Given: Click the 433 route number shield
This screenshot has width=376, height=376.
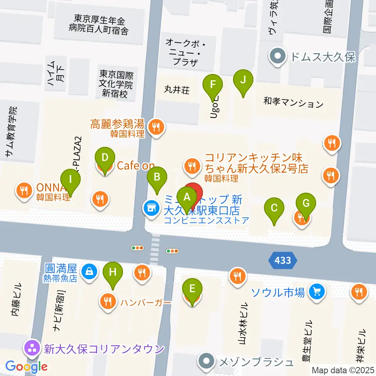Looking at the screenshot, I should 283,260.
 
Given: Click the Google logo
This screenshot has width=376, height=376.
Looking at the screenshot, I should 27,367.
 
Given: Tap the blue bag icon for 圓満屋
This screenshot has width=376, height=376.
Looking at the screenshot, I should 89,270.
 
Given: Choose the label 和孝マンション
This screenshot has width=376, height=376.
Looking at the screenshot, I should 293,103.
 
